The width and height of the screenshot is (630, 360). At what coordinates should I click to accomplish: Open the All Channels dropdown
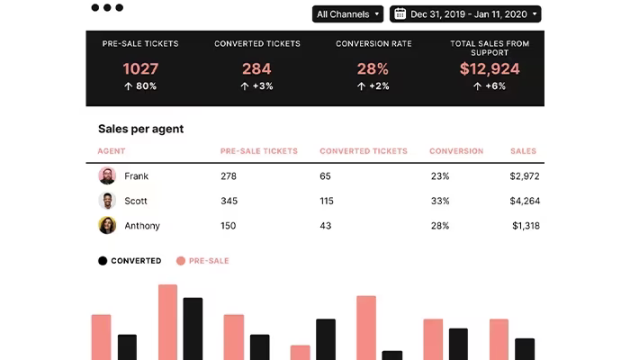click(x=347, y=14)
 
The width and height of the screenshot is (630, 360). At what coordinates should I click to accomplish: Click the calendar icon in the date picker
click(x=400, y=14)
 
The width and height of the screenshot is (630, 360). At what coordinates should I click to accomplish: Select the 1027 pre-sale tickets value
click(x=140, y=68)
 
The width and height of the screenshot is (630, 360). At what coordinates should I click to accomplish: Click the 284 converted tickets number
click(x=256, y=68)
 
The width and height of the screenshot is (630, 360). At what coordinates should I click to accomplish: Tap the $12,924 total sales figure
click(x=490, y=68)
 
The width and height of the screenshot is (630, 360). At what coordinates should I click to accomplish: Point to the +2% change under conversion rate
click(x=373, y=86)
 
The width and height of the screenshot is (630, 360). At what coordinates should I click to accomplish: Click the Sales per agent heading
click(x=140, y=129)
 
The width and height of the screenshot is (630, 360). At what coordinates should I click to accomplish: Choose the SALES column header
click(x=523, y=151)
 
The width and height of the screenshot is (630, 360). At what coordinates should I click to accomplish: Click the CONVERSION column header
click(x=456, y=151)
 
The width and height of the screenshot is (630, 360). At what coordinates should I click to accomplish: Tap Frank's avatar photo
click(x=107, y=175)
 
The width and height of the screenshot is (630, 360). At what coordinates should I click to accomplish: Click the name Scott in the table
click(x=136, y=201)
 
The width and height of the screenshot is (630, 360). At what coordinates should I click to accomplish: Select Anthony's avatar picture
click(x=107, y=225)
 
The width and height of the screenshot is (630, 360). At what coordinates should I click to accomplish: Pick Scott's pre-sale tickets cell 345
click(x=229, y=201)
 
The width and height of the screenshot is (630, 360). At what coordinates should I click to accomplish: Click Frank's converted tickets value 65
click(x=325, y=176)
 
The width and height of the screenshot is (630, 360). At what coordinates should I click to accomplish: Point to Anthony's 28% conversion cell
click(x=440, y=226)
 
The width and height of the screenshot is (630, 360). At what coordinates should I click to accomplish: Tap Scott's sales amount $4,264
click(x=525, y=201)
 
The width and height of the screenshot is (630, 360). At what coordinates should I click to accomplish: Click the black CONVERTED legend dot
click(x=103, y=261)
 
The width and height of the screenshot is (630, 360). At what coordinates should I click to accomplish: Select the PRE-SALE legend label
click(x=209, y=261)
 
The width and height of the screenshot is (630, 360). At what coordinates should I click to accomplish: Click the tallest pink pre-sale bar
click(x=168, y=322)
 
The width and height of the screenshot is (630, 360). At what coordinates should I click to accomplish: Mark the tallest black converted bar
click(x=193, y=328)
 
